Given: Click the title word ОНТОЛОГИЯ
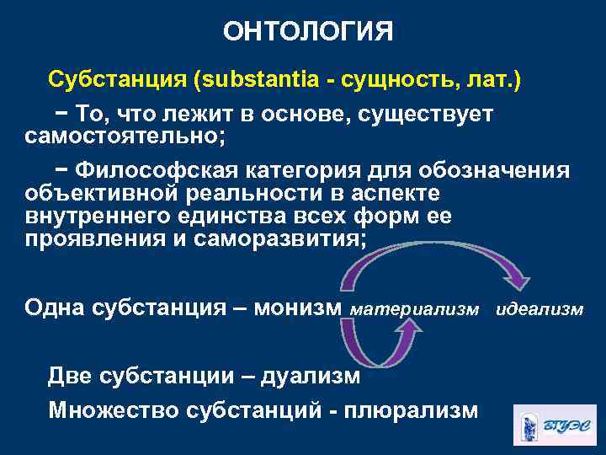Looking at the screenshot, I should pos(307,32).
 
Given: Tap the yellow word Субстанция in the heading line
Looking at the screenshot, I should pos(118,81).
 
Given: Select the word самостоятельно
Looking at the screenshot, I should pos(125,135).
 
